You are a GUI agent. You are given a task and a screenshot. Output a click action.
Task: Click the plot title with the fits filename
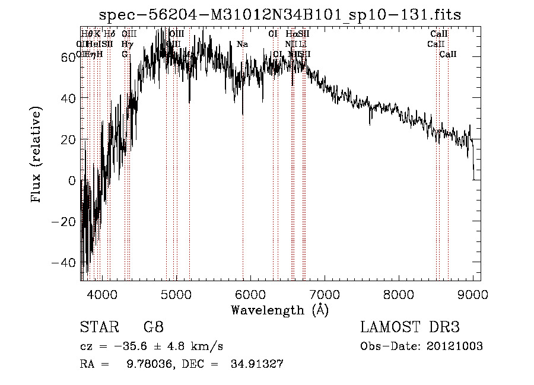(x=279, y=15)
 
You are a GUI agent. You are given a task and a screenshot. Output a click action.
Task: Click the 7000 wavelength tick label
(x=324, y=292)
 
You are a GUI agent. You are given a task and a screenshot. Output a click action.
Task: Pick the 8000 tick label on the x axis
(x=398, y=292)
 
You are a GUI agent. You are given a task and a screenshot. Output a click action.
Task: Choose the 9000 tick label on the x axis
(x=472, y=292)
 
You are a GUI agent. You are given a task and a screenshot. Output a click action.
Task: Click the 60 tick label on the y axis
(x=68, y=57)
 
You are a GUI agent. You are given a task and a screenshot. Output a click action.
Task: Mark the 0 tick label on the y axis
(x=72, y=180)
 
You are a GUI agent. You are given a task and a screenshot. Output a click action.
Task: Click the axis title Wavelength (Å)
(x=279, y=310)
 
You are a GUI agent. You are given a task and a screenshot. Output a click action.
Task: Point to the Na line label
(x=242, y=44)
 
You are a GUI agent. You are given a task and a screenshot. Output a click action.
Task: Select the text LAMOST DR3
(x=410, y=327)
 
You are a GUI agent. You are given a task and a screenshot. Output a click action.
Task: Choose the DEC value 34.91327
(x=259, y=364)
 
